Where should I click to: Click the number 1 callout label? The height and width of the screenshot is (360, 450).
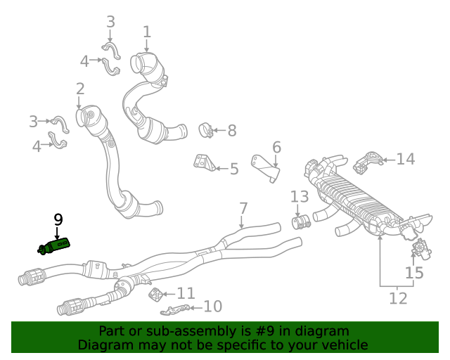point(147,32)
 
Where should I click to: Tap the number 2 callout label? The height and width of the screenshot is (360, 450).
point(80,89)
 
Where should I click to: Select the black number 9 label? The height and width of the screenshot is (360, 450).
point(58,219)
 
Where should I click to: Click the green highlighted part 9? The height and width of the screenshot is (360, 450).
point(55,245)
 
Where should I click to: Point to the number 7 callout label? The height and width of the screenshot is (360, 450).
point(243,208)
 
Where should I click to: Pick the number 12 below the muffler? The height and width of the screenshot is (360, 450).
point(398,298)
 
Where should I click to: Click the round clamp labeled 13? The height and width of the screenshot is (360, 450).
point(301,223)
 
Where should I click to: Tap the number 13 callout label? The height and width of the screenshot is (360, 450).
point(300,196)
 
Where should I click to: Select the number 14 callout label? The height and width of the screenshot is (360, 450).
point(406,160)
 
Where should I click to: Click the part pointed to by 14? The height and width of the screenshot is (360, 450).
point(367,162)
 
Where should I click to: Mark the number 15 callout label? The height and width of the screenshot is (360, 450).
point(415,272)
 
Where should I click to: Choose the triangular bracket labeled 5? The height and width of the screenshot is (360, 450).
point(205,163)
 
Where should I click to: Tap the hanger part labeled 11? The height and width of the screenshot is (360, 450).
point(158,295)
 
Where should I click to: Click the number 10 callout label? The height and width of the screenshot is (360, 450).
point(212,306)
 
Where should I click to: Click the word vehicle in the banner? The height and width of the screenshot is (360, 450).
point(343,345)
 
